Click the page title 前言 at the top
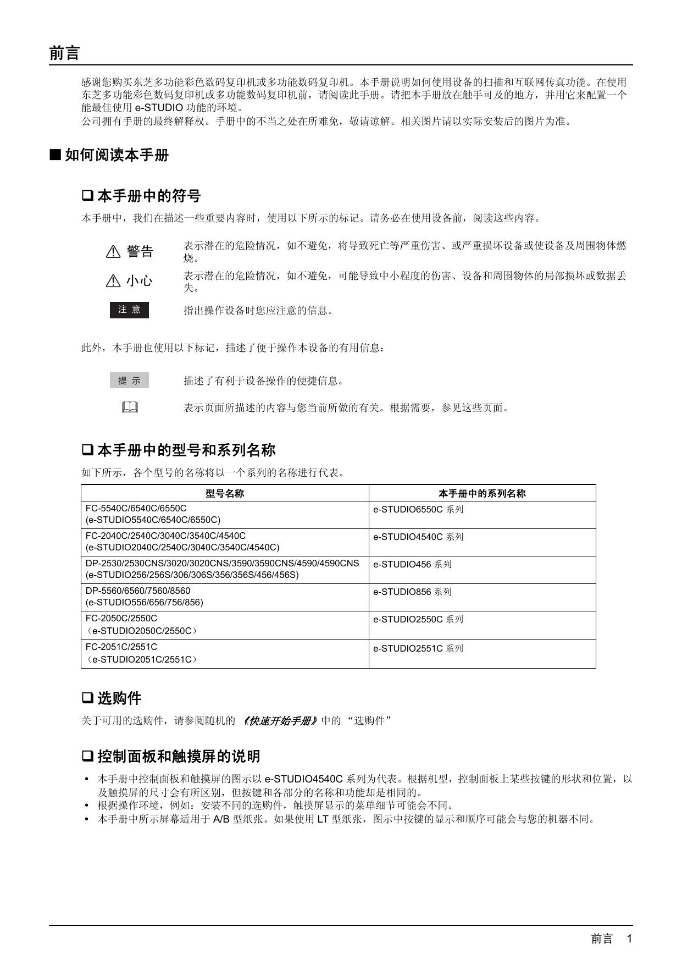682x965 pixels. [x=65, y=53]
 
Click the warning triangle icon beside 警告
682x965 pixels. [x=113, y=252]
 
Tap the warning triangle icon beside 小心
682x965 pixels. [x=113, y=281]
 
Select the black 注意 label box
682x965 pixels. [x=129, y=310]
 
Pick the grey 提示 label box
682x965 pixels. [x=129, y=381]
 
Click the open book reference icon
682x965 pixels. [x=130, y=407]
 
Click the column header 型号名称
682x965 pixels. [x=225, y=493]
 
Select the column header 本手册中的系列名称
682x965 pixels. [x=482, y=493]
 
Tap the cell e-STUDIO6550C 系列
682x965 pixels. [x=418, y=509]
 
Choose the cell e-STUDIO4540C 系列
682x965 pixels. [x=418, y=537]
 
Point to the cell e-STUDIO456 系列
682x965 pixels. [x=412, y=564]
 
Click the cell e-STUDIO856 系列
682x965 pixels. [x=412, y=592]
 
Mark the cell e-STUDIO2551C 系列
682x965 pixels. [x=418, y=648]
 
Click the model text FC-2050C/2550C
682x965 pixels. [x=121, y=618]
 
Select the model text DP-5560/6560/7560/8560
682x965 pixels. [x=138, y=591]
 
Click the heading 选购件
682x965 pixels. [x=119, y=698]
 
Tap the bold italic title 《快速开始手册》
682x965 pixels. [x=280, y=721]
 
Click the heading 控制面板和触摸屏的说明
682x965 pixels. [x=179, y=756]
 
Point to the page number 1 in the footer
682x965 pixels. [x=629, y=939]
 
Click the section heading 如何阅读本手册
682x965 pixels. [x=117, y=155]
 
